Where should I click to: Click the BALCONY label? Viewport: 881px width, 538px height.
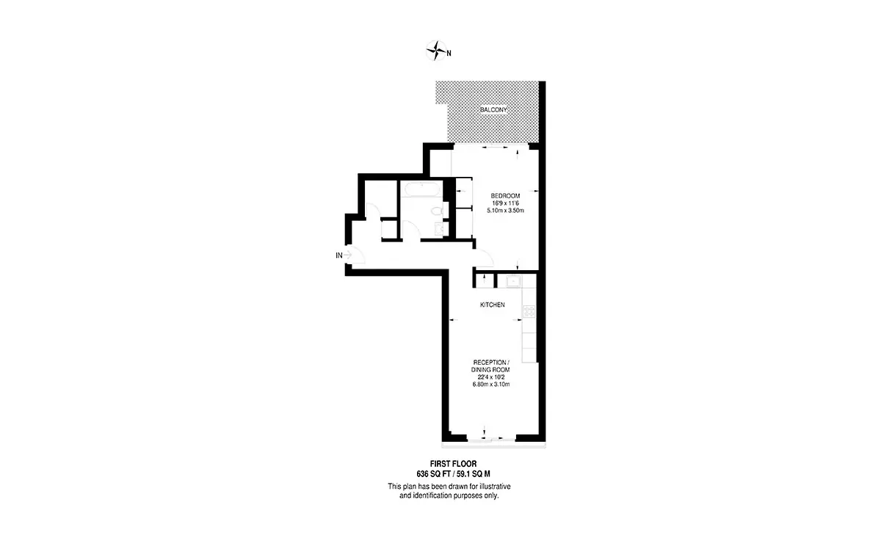[493, 109]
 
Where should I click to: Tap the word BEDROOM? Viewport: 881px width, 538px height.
[505, 196]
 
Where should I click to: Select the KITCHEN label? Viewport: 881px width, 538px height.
[493, 305]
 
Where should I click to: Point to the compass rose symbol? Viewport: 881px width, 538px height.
[436, 51]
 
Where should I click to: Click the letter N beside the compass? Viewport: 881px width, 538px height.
[449, 53]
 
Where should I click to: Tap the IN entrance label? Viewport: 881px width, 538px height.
[339, 255]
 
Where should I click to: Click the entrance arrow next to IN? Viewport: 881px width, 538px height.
[348, 255]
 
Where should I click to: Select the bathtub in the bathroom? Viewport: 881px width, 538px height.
[421, 189]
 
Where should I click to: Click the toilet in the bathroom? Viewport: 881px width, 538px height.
[437, 211]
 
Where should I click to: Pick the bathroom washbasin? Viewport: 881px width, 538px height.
[439, 229]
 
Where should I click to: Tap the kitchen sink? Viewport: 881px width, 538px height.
[513, 281]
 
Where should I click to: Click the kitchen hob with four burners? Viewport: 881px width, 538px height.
[529, 311]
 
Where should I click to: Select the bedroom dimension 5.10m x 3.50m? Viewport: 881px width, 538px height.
[505, 211]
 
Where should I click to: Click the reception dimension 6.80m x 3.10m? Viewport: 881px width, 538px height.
[491, 385]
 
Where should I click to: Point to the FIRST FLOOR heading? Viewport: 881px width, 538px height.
[453, 464]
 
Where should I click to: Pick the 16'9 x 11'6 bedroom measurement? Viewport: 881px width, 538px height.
[505, 203]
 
